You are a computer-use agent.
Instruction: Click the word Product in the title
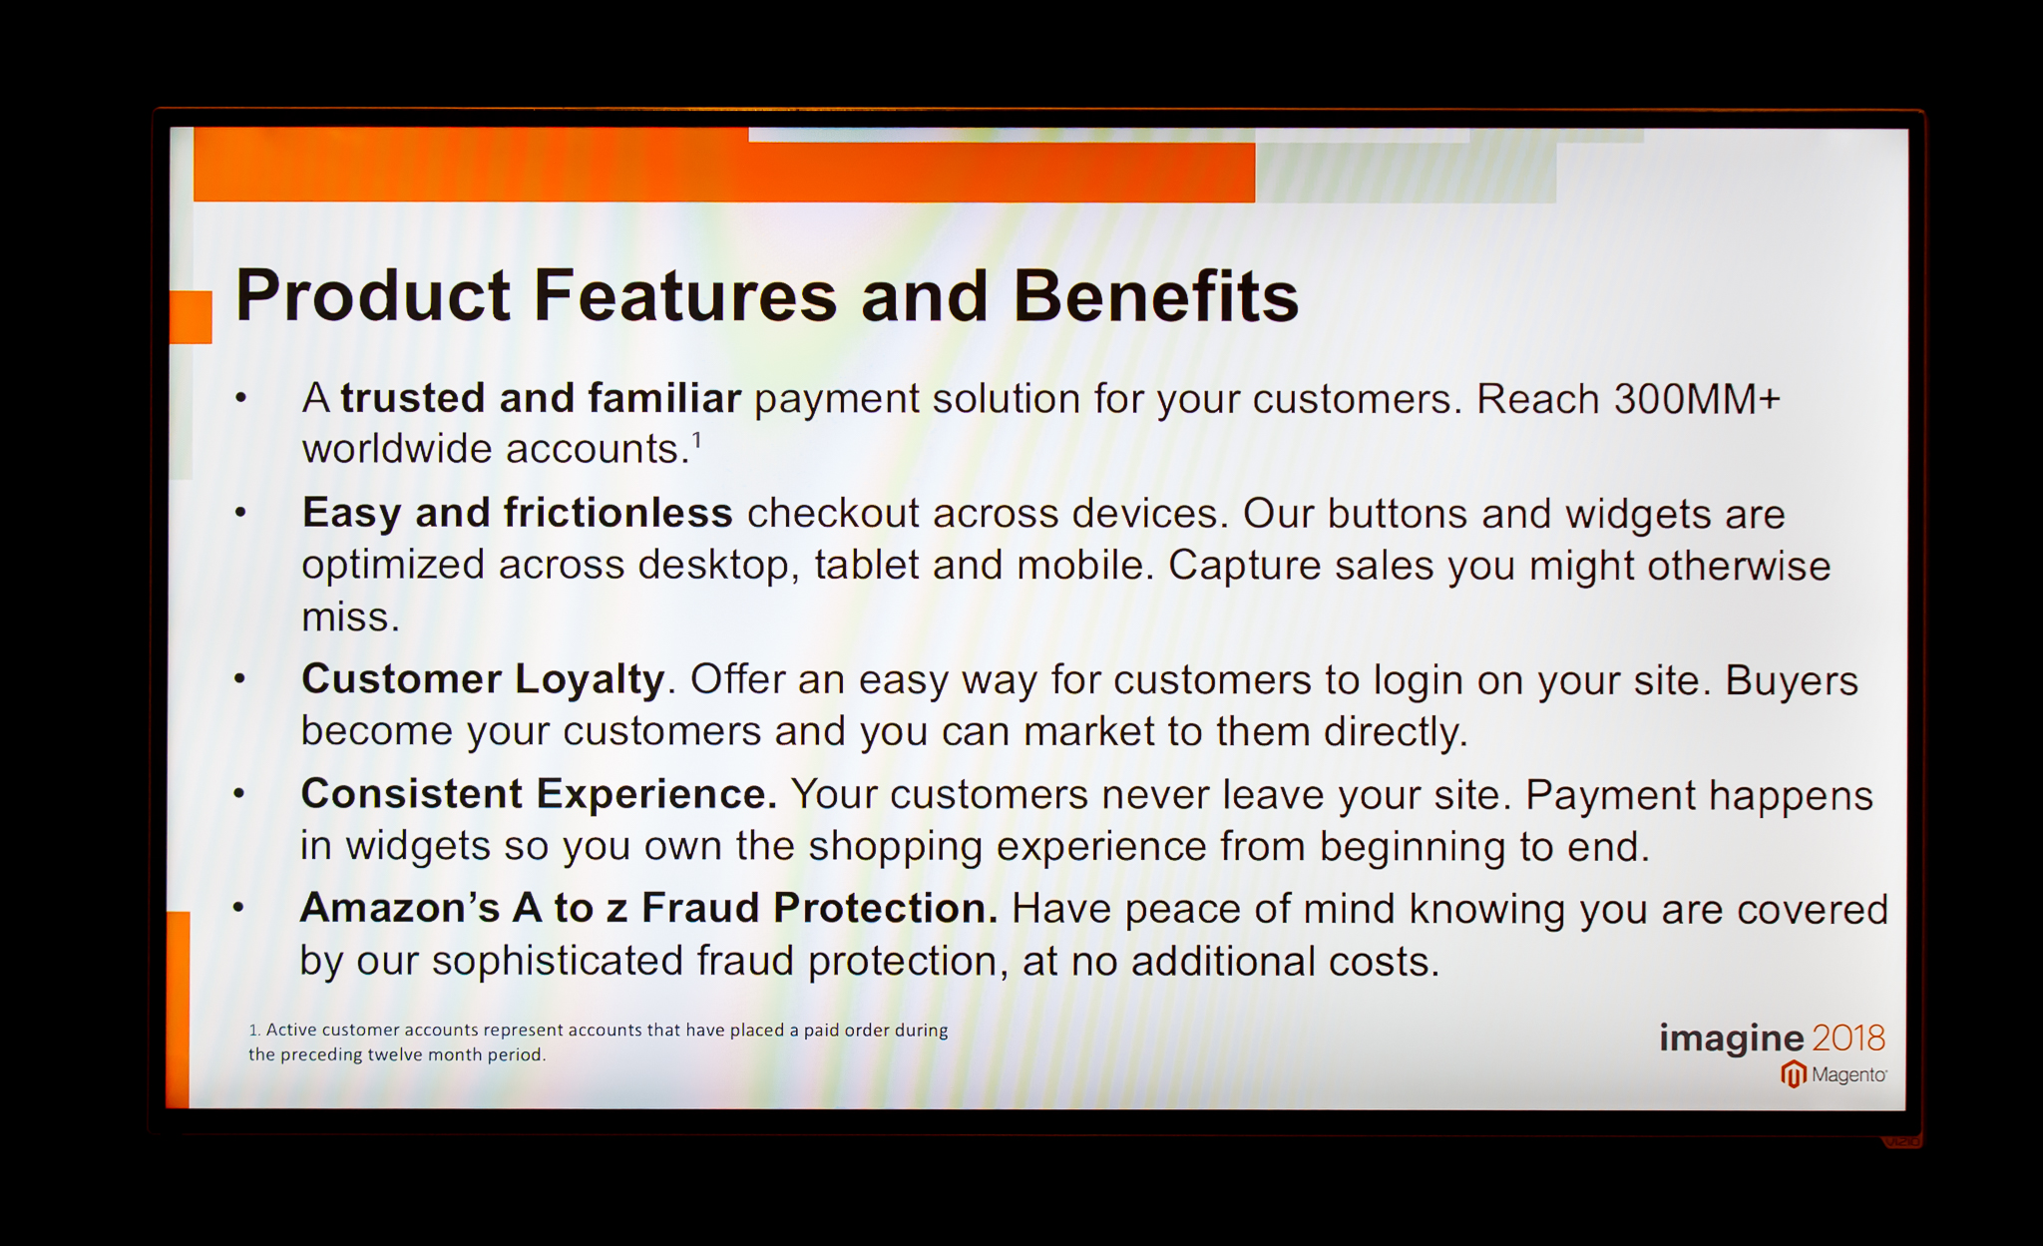(x=373, y=296)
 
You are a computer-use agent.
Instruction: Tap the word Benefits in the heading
(x=1156, y=296)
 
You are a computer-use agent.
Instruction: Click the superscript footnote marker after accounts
(x=697, y=439)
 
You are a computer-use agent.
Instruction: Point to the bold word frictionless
(x=618, y=513)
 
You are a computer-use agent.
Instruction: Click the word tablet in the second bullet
(x=866, y=565)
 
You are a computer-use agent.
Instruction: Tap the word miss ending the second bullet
(x=350, y=618)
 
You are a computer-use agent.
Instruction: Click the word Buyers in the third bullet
(x=1792, y=681)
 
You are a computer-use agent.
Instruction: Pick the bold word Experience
(x=656, y=795)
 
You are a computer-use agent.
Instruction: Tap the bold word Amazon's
(x=400, y=908)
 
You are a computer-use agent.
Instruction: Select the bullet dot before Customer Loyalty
(x=239, y=679)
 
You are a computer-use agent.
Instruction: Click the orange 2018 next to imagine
(x=1848, y=1038)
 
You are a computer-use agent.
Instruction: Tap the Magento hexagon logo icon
(x=1794, y=1074)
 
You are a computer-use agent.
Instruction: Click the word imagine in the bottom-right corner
(x=1731, y=1039)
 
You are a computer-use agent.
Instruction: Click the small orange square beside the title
(x=191, y=317)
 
